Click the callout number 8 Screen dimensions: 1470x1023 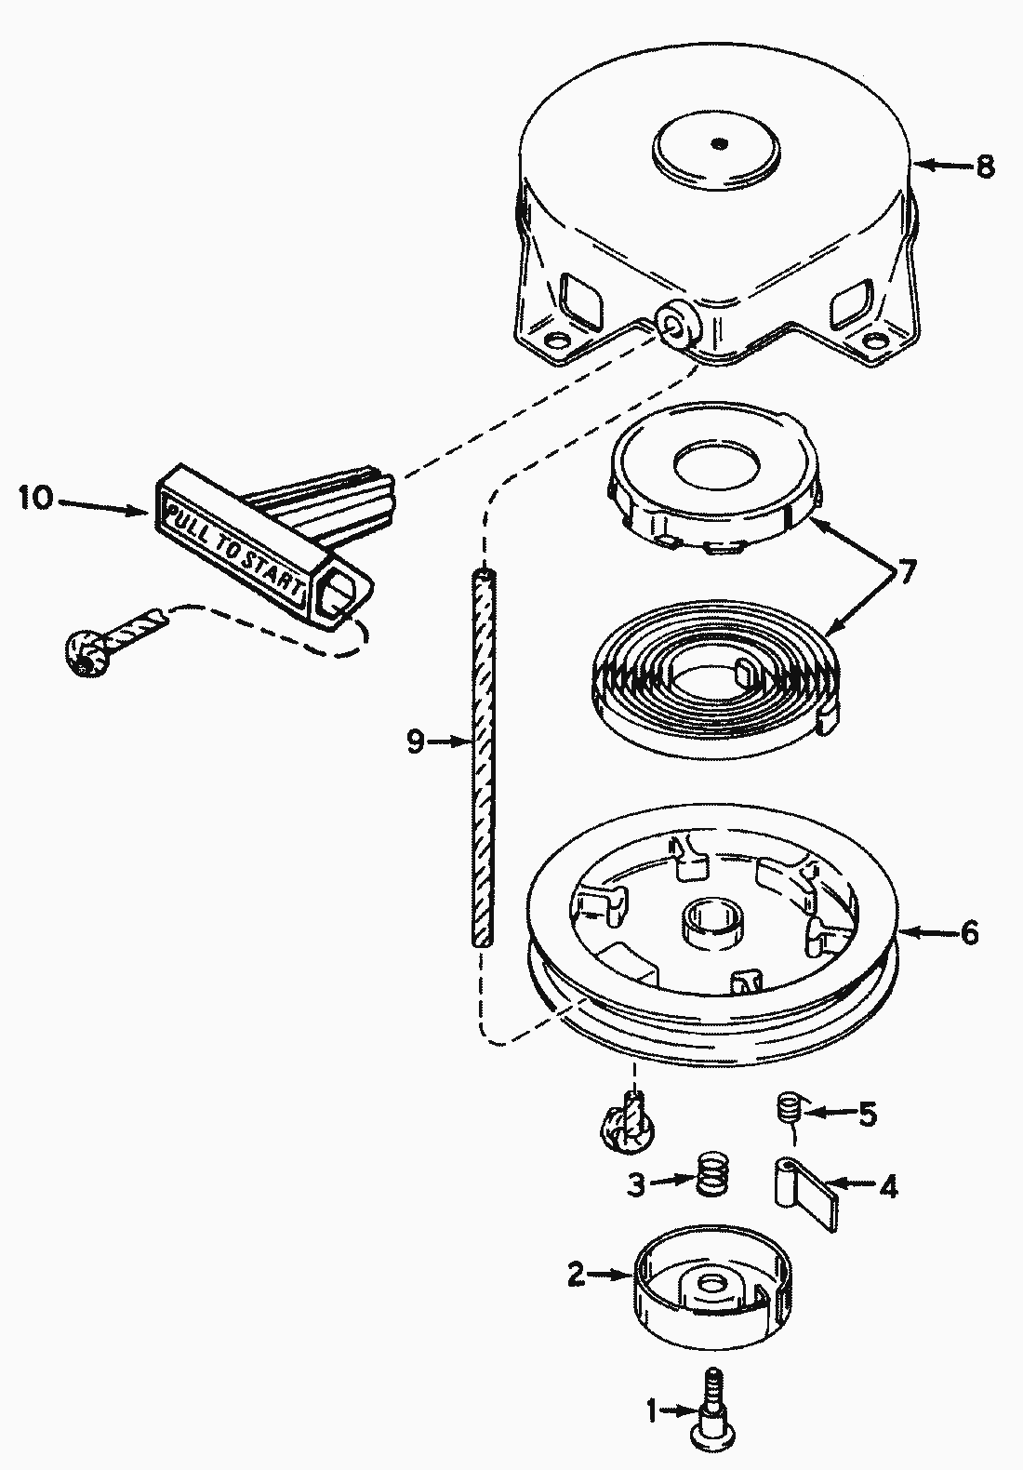point(984,167)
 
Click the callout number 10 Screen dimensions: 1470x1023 point(36,498)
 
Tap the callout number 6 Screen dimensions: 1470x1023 point(969,932)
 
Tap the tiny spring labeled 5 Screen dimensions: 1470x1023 point(789,1110)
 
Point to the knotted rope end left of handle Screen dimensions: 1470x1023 point(86,655)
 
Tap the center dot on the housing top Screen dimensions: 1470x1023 point(719,143)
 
